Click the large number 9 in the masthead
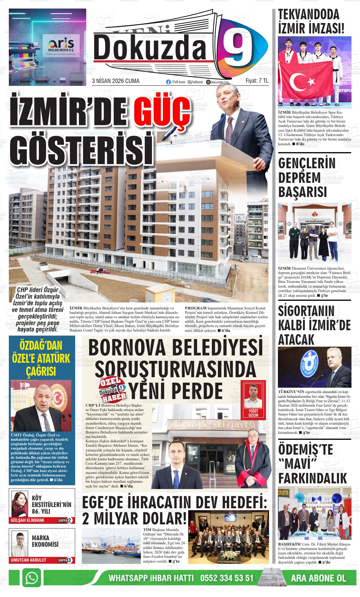tap(240, 47)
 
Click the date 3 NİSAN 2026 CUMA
tap(115, 81)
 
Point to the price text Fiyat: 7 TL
tap(257, 81)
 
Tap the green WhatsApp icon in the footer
tap(31, 578)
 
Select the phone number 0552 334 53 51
tap(227, 578)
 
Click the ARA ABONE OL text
tap(318, 578)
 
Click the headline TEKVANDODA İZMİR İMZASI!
tap(311, 21)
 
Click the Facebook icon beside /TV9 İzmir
tap(168, 82)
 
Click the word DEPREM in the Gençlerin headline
tap(299, 178)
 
